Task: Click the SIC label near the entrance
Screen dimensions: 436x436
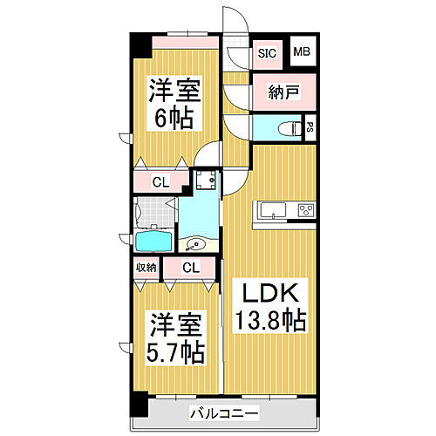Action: pos(266,53)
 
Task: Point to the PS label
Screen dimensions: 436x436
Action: pos(310,127)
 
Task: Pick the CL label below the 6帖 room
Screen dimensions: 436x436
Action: pos(160,182)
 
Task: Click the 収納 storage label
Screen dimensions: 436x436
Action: pos(146,268)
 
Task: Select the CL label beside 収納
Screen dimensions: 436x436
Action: pos(190,268)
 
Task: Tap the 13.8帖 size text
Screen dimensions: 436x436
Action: pos(268,322)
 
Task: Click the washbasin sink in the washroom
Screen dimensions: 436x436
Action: pos(196,244)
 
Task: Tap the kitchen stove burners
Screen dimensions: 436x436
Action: pos(305,210)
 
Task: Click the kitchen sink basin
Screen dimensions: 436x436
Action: pos(269,210)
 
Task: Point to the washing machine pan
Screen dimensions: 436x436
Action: pos(207,181)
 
